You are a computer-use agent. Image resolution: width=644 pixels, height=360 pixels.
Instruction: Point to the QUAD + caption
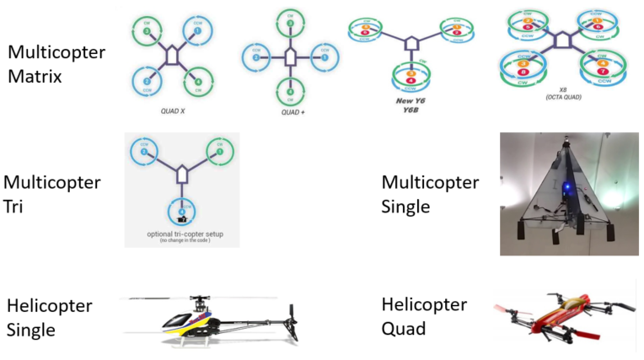pyautogui.click(x=291, y=111)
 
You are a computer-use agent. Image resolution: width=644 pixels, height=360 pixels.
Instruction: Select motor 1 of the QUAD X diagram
pyautogui.click(x=197, y=33)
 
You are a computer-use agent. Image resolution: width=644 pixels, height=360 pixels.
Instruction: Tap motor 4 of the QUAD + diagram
pyautogui.click(x=290, y=91)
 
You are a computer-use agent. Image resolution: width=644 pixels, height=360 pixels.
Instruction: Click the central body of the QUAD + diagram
pyautogui.click(x=290, y=57)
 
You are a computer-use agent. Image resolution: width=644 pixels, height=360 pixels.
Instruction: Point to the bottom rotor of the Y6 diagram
pyautogui.click(x=412, y=78)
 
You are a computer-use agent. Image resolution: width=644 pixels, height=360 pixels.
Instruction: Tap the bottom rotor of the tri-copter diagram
pyautogui.click(x=182, y=207)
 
